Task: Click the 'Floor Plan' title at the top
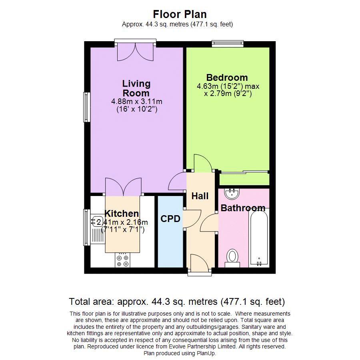point(177,14)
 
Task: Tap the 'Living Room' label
point(136,88)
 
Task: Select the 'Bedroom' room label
point(227,78)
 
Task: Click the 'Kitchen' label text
point(122,214)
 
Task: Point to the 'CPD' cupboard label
point(170,219)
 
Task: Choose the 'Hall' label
point(200,196)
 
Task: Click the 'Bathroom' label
point(243,208)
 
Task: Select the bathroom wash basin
point(232,194)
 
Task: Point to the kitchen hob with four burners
point(122,260)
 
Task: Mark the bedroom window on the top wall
point(228,43)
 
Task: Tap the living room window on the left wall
point(86,107)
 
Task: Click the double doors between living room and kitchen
point(122,187)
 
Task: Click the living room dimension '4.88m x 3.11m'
point(136,102)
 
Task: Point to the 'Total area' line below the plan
point(177,302)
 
